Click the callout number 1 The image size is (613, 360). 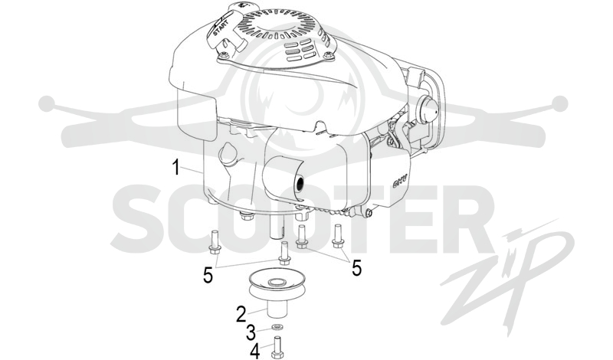(176, 167)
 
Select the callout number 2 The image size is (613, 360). (241, 314)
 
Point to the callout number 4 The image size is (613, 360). (254, 351)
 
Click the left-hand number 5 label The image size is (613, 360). (208, 275)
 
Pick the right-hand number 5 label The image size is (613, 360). (356, 268)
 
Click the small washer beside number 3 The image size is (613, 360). (277, 326)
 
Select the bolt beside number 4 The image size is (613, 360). (277, 348)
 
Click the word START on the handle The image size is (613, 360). (221, 28)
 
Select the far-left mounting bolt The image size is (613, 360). (215, 242)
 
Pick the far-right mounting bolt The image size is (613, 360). (337, 236)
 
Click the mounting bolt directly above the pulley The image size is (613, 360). (284, 254)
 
